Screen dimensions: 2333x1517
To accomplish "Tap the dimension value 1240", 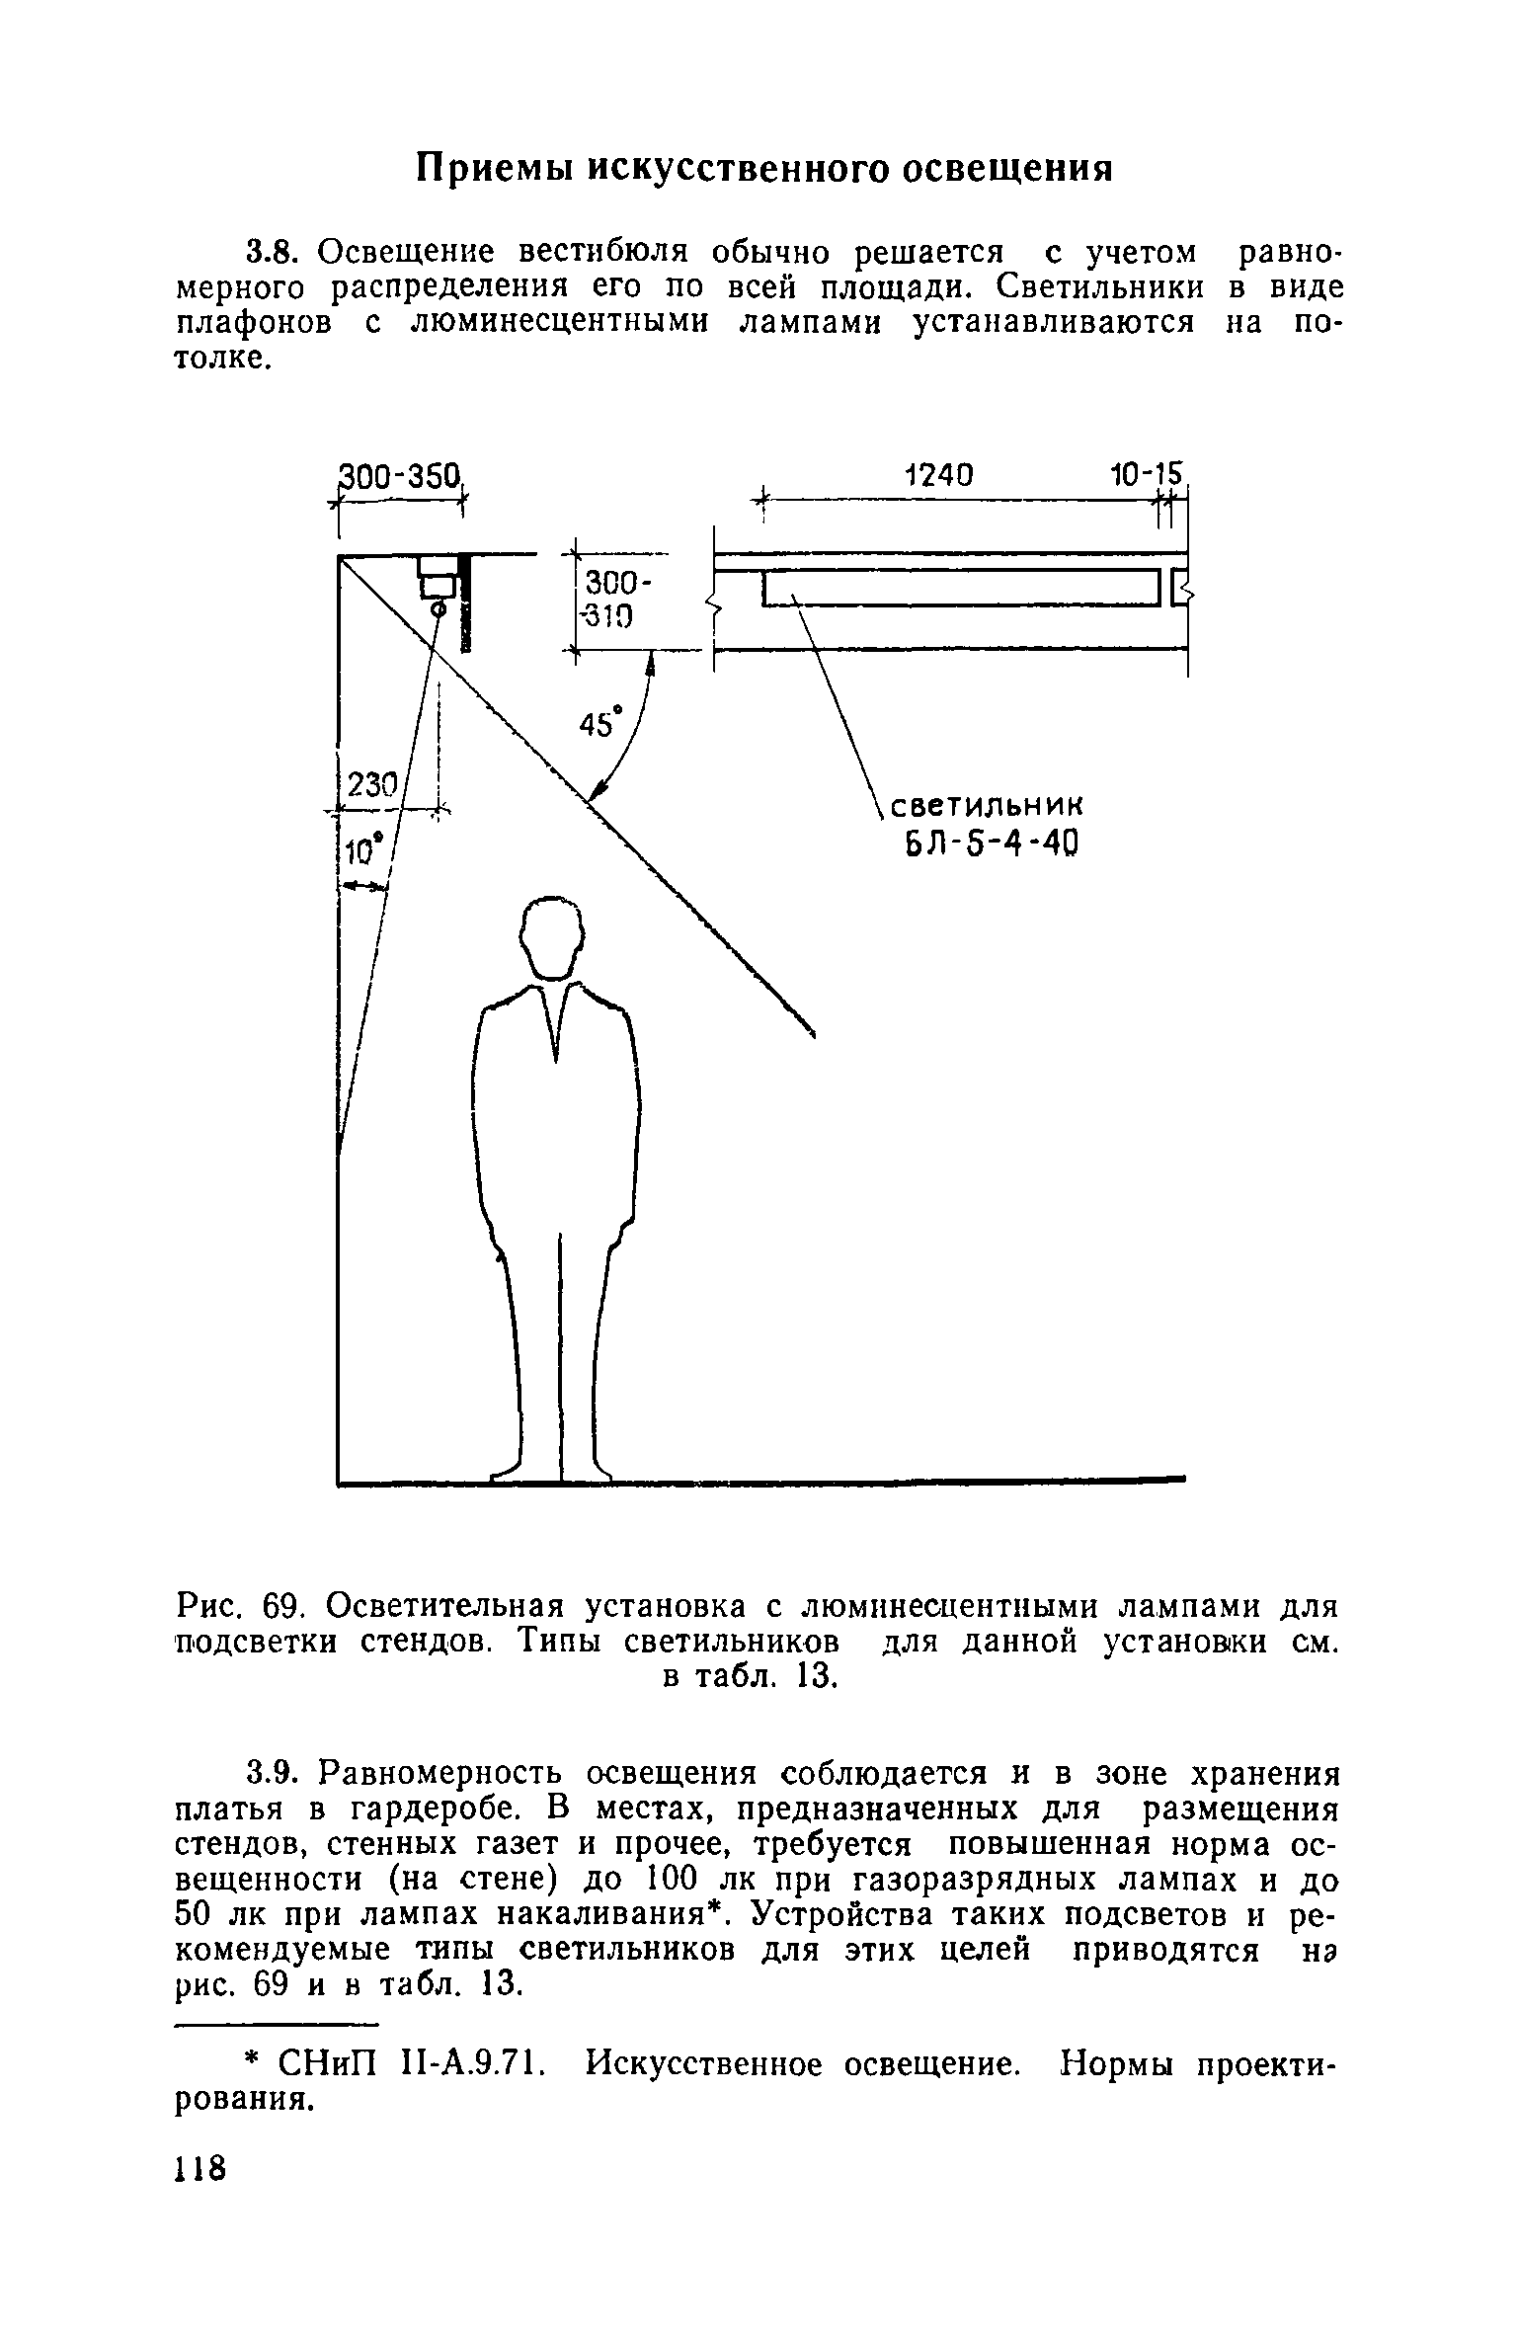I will pos(938,475).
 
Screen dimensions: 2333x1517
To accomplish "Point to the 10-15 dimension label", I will pos(1145,475).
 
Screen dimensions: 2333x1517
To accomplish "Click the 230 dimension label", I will pos(371,787).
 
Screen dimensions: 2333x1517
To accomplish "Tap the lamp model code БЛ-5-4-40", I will pos(984,845).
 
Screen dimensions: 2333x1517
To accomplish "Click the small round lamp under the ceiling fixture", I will pos(438,611).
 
